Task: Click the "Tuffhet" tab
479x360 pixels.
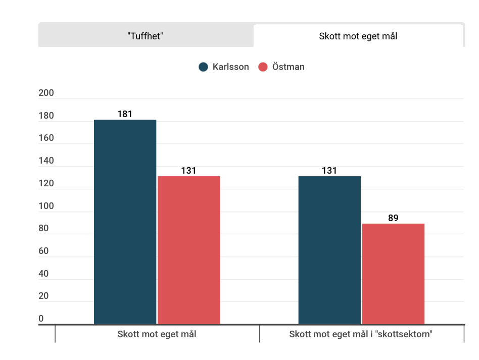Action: pos(146,36)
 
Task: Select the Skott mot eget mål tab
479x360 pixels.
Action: pos(358,36)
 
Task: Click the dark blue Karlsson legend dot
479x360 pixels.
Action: pos(204,67)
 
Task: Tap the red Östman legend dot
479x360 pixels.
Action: pos(263,67)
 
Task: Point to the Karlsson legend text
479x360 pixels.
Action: pos(230,67)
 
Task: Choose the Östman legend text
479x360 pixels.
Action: pos(288,67)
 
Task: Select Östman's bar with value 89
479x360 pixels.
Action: pos(393,273)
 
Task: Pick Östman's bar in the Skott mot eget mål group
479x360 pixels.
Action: pos(188,249)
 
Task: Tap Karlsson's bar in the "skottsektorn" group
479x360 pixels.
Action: pos(329,249)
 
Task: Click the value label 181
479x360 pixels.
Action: pos(125,114)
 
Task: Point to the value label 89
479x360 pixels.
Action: pos(393,218)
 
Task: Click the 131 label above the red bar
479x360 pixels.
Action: pos(188,171)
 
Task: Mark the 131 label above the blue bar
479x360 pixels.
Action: pos(329,171)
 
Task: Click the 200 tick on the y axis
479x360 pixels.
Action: pos(46,93)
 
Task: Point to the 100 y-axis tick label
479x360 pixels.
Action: pos(46,206)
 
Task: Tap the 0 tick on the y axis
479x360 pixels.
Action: pos(41,319)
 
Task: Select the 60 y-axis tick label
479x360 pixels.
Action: pos(43,251)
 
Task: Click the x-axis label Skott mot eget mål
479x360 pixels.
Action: pos(157,334)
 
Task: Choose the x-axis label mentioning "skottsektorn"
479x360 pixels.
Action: pos(361,334)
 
